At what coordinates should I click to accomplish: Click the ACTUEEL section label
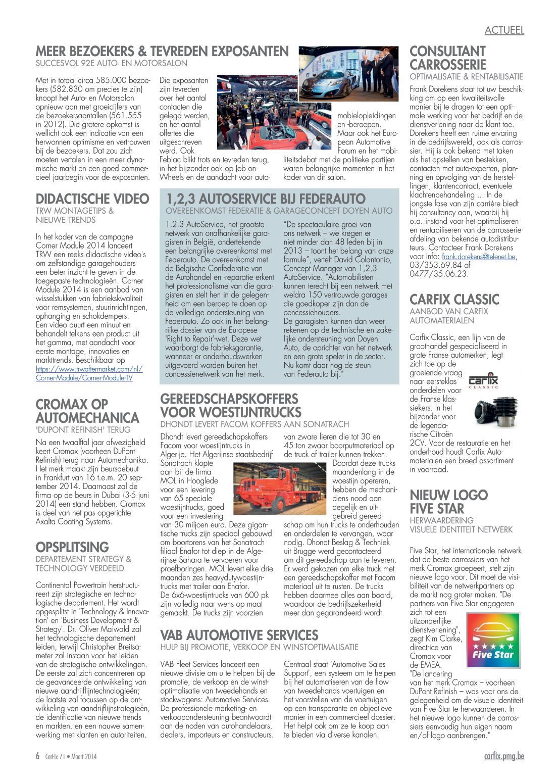coord(504,30)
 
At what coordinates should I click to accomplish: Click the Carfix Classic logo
coord(483,381)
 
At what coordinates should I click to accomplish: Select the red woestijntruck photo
coord(280,489)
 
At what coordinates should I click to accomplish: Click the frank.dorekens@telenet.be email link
coord(479,257)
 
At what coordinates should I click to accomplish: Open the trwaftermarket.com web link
coord(89,373)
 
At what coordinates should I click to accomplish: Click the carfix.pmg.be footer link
coord(503,756)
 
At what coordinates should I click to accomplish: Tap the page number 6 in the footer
coord(38,756)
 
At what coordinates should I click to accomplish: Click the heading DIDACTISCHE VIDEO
coord(92,199)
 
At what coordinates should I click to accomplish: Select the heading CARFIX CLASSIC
coord(454,300)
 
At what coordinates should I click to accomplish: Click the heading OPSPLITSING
coord(72,547)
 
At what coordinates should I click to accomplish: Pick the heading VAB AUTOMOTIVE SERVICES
coord(239,635)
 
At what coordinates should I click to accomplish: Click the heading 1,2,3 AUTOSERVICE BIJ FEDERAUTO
coord(266,199)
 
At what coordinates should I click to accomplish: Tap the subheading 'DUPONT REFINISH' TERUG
coord(83,430)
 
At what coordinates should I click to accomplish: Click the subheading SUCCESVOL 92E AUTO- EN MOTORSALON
coord(111,64)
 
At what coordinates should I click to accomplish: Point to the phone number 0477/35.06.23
coord(439,274)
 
